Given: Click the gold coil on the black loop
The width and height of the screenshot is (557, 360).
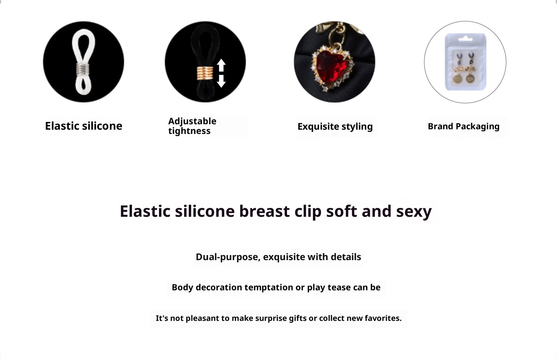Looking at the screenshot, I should [x=205, y=73].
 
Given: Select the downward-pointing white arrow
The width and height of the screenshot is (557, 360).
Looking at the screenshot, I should [x=221, y=81].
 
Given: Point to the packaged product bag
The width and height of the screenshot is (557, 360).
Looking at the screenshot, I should [x=465, y=62].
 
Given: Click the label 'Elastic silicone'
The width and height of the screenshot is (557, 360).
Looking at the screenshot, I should [x=84, y=126].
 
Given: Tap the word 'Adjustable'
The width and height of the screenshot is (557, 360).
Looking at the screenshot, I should [x=192, y=121].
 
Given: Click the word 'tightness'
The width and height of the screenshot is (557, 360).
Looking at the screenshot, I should [x=189, y=131].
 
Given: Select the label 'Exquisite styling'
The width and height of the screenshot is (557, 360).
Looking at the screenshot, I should [x=335, y=127].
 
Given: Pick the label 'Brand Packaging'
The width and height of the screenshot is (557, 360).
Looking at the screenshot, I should [x=463, y=127].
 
